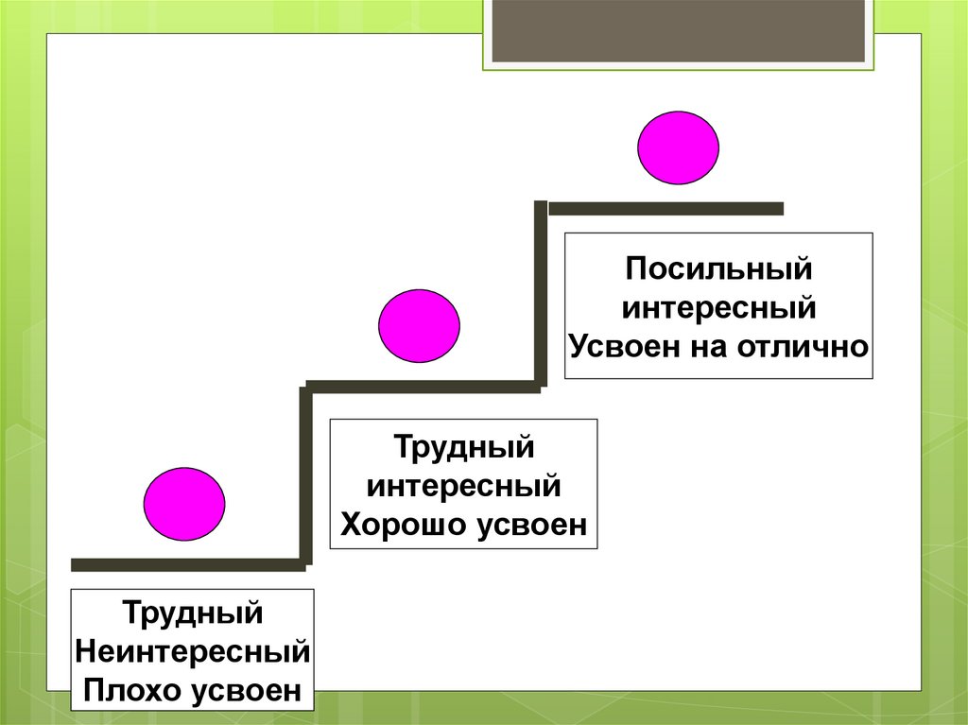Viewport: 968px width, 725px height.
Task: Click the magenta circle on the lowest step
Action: [184, 504]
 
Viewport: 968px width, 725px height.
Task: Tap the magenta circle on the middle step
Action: [419, 326]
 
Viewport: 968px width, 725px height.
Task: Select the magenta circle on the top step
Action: [678, 147]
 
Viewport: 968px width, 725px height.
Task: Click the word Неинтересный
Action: [193, 651]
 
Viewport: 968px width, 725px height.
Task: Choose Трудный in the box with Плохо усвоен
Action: [193, 612]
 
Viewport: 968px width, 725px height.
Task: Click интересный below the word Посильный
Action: [718, 307]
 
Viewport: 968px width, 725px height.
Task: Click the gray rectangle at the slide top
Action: [679, 30]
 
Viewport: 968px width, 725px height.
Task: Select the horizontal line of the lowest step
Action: [188, 565]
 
